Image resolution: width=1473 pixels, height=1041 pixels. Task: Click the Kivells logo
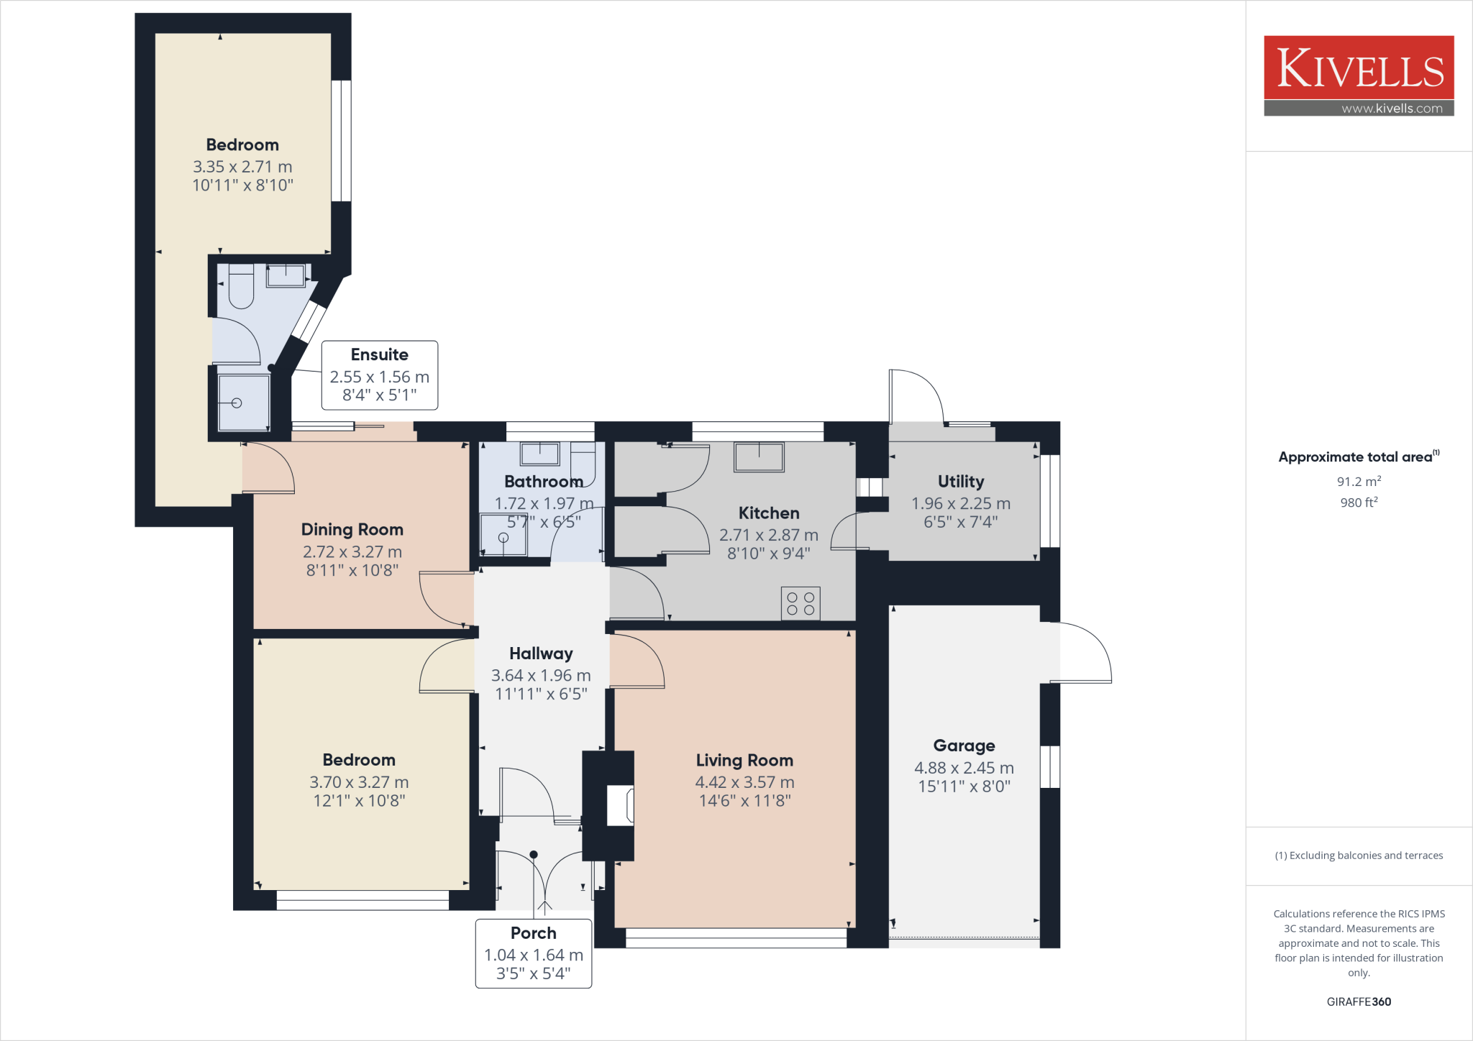coord(1359,75)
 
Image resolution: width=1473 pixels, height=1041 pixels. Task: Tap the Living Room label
coord(744,760)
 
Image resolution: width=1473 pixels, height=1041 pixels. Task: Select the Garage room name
coord(964,746)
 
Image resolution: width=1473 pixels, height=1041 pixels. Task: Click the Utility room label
coord(961,481)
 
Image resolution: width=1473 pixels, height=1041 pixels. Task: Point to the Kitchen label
coord(769,513)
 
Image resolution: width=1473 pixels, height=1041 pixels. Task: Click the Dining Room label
coord(352,530)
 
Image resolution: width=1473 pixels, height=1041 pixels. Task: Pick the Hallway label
coord(541,654)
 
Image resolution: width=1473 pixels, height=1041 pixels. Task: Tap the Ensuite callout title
coord(380,354)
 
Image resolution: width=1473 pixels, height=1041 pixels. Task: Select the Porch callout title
coord(534,933)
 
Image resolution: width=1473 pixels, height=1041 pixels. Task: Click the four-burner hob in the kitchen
coord(801,604)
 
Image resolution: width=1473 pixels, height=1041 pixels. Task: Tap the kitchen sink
coord(759,457)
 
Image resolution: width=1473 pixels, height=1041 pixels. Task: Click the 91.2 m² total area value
coord(1359,482)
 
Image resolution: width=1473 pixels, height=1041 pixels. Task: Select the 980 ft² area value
coord(1359,503)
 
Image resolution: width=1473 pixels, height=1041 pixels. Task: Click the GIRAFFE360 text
coord(1359,1001)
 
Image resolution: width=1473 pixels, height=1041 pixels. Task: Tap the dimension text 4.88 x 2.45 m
coord(964,768)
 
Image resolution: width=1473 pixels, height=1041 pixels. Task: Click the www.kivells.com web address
coord(1392,109)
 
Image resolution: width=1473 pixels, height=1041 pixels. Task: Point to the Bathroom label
coord(544,481)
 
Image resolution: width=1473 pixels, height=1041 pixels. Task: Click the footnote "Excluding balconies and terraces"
coord(1366,856)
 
